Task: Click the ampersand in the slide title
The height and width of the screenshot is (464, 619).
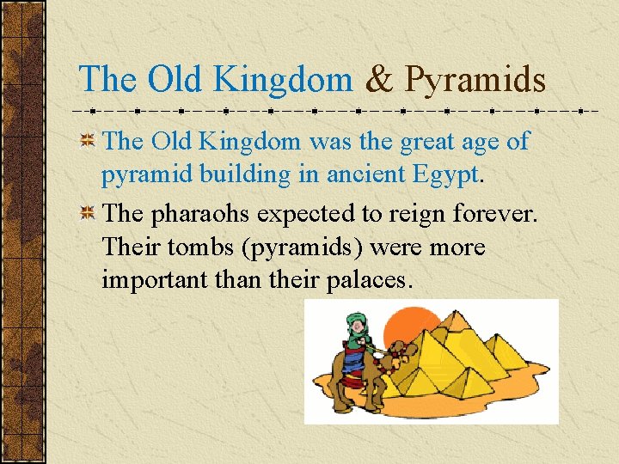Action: tap(379, 80)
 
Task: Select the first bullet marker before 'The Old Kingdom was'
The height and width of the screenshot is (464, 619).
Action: tap(87, 142)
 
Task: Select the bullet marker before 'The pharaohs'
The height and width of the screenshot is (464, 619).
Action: tap(87, 213)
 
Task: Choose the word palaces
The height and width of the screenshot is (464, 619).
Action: tap(376, 280)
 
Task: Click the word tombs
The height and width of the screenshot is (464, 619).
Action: tap(206, 247)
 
